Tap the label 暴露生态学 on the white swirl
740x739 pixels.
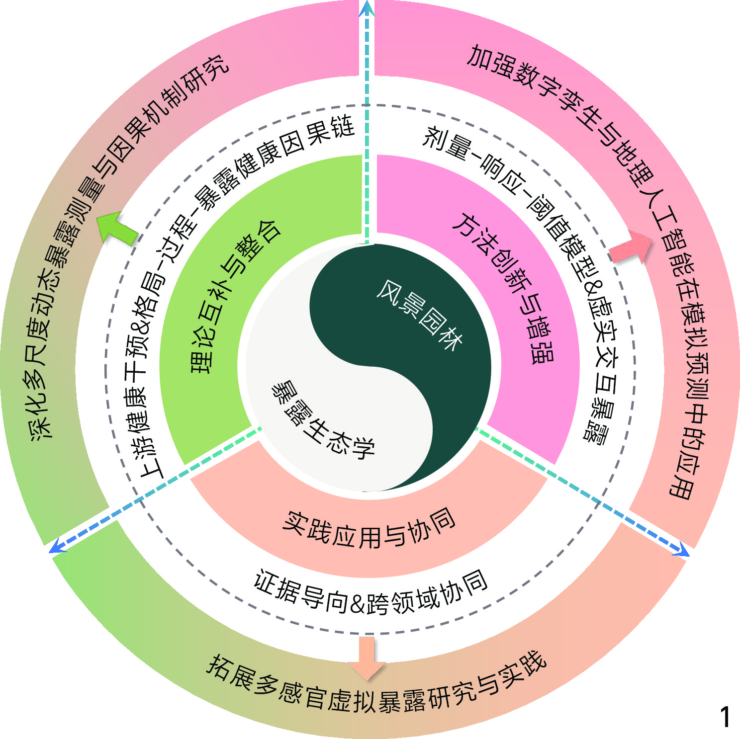[322, 420]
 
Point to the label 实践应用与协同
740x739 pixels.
[369, 528]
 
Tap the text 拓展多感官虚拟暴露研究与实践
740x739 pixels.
[376, 688]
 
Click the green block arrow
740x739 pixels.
[118, 228]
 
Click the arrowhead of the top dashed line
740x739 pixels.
[367, 7]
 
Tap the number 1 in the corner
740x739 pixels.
[725, 717]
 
